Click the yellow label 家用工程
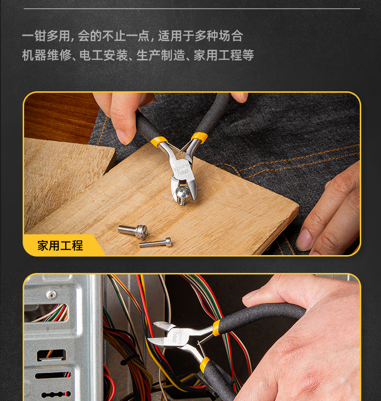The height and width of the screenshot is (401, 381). [60, 245]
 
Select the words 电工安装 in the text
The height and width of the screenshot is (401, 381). [103, 56]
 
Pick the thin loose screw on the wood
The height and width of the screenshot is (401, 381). [155, 243]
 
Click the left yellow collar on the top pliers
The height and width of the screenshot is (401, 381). [159, 142]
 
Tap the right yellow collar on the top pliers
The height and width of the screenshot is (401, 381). [199, 137]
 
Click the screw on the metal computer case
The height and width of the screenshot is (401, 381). [51, 294]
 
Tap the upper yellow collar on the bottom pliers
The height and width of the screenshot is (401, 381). [216, 327]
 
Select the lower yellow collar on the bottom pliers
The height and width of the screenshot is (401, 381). [204, 364]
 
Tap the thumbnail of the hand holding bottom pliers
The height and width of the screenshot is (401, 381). [252, 294]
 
